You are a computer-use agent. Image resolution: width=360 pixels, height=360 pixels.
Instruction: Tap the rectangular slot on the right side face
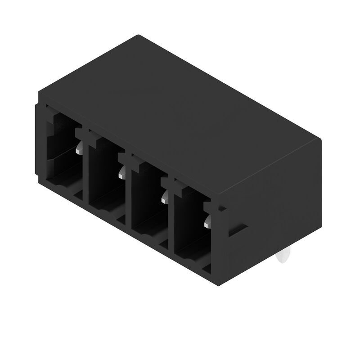click(238, 229)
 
